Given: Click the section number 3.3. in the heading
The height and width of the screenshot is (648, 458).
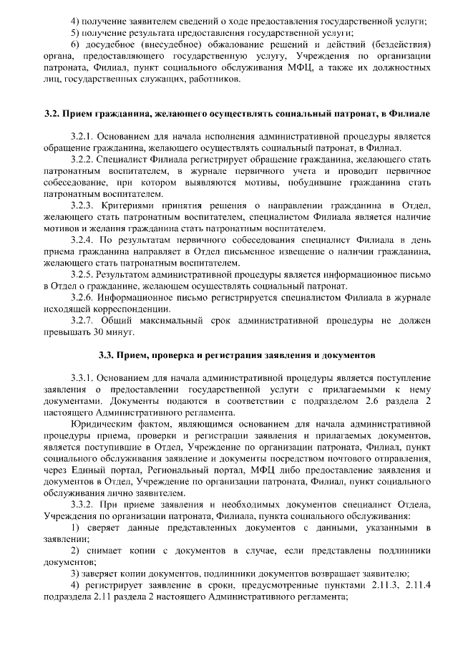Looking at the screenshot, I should point(107,354).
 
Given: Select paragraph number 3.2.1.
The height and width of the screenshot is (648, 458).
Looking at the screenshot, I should point(83,136).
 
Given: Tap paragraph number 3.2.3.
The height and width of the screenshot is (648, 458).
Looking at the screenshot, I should point(83,205).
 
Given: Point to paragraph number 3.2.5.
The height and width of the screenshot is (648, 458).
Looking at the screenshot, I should point(83,274).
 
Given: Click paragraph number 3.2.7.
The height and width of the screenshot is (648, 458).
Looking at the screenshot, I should point(83,320).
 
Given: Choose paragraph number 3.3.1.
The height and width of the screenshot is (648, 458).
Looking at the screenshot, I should point(83,377).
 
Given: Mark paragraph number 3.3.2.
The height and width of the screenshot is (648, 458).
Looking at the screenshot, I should point(83,504).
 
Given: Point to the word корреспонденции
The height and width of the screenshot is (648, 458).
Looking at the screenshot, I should point(110,309).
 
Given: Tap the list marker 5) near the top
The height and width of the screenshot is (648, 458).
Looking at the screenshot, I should point(75,33).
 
